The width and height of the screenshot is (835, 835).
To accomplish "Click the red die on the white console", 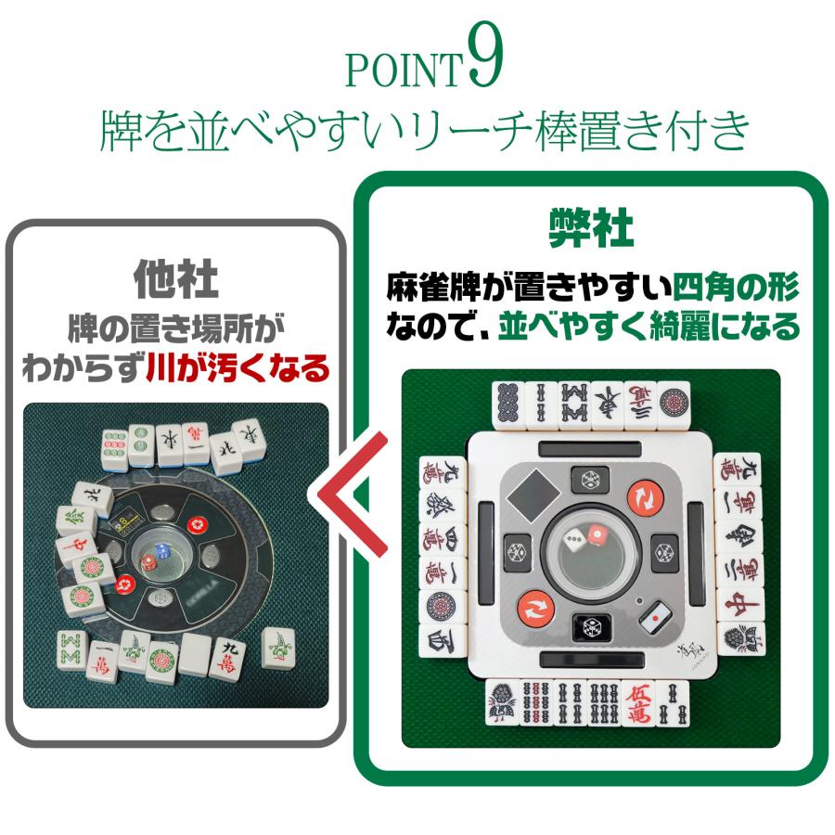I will click(x=597, y=535).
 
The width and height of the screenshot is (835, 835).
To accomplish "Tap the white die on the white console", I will click(x=576, y=538).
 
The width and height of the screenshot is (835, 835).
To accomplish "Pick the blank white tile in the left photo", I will click(x=196, y=654).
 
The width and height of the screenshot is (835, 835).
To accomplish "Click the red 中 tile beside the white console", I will click(x=744, y=604).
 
